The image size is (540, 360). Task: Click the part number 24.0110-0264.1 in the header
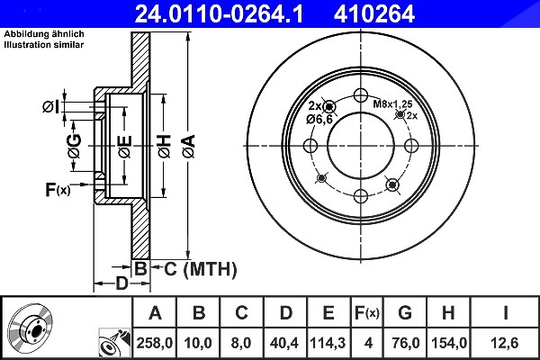click(x=219, y=13)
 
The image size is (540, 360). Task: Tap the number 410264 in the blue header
click(x=374, y=13)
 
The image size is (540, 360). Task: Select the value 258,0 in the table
click(x=154, y=343)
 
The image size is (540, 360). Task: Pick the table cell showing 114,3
click(x=328, y=343)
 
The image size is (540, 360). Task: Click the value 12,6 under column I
click(x=505, y=343)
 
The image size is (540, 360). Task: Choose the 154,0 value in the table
click(x=449, y=343)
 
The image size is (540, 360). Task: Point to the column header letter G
click(x=405, y=313)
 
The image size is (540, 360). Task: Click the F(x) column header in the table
click(x=367, y=313)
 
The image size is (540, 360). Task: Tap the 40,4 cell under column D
click(x=284, y=343)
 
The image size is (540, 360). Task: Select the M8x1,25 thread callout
click(x=392, y=104)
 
